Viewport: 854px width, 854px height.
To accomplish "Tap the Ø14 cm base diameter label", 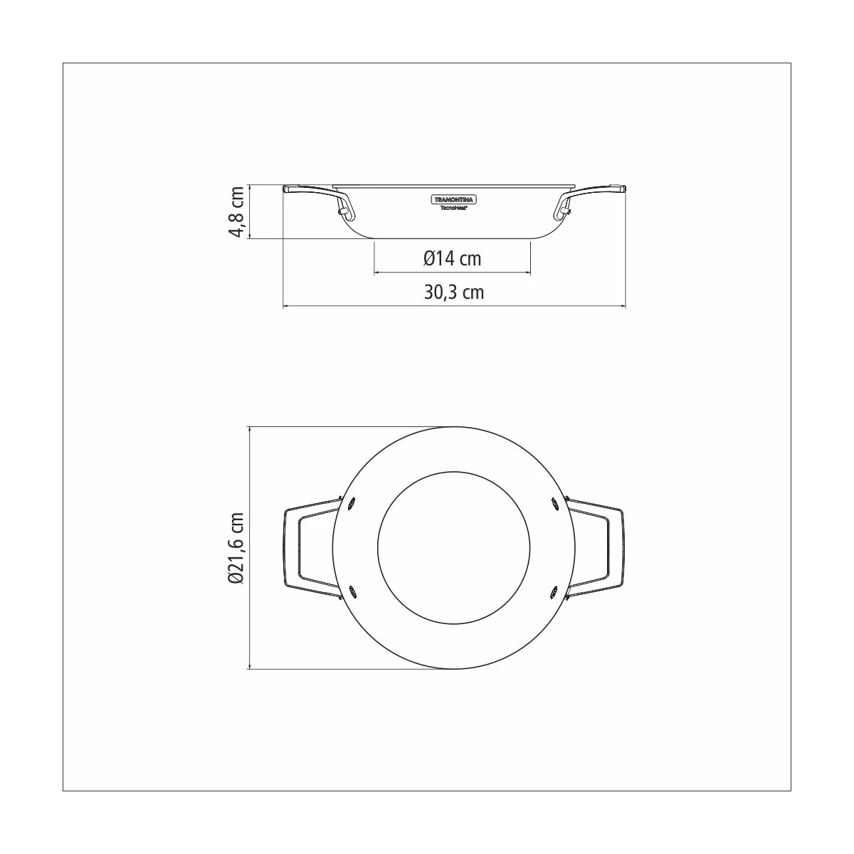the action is coord(452,258).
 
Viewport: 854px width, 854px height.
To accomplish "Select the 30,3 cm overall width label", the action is coord(454,292).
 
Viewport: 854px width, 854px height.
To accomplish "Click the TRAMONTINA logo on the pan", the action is coord(454,200).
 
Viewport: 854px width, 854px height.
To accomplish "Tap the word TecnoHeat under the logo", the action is coord(453,207).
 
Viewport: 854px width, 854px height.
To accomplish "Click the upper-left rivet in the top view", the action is coord(352,503).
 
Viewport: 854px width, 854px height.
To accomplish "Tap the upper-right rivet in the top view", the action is coord(554,503).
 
